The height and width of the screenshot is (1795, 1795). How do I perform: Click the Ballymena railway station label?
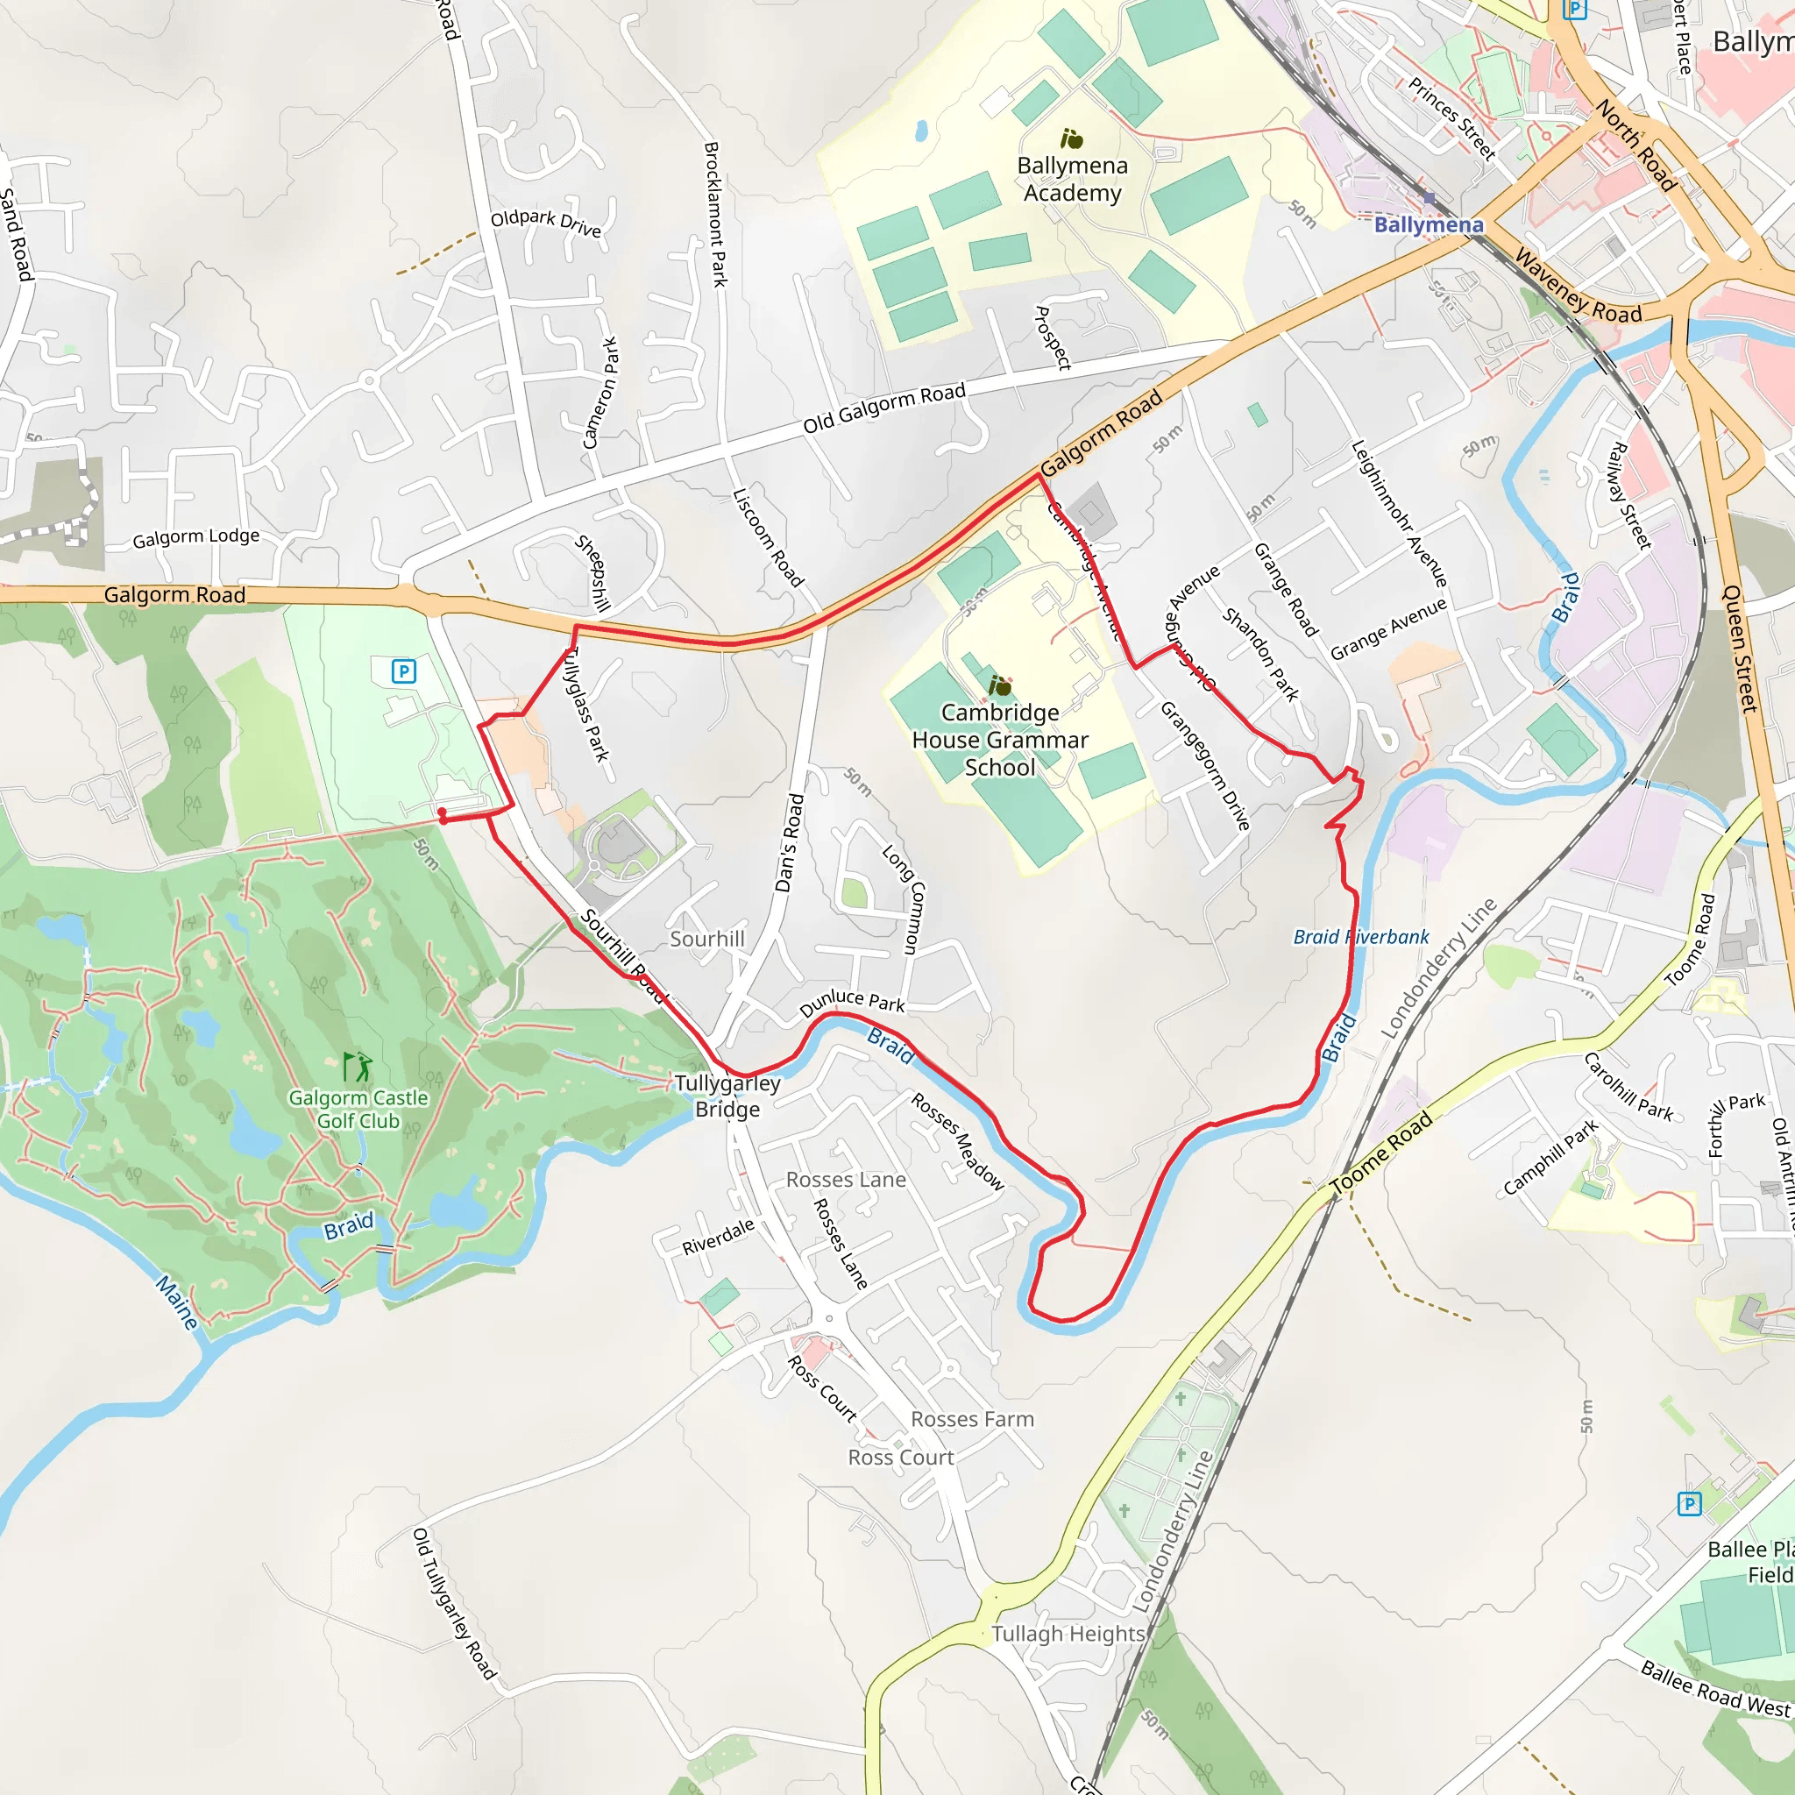pos(1428,225)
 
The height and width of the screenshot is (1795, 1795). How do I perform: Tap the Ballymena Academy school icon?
pos(1072,139)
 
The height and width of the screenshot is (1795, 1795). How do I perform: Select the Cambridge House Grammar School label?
pos(1000,740)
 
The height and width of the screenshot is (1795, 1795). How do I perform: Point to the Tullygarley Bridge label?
pos(727,1096)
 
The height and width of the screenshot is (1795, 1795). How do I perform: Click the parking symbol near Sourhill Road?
pos(403,670)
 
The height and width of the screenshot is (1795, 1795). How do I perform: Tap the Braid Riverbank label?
pos(1361,937)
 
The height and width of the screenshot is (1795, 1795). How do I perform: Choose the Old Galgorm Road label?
pos(884,408)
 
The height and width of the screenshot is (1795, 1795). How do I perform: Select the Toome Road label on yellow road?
pos(1381,1153)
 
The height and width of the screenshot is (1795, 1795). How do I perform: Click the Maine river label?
pos(176,1302)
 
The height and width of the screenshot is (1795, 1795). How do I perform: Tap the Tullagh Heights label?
pos(1068,1635)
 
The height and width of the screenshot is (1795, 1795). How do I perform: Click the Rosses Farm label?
pos(972,1419)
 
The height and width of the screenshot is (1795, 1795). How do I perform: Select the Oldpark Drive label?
pos(546,222)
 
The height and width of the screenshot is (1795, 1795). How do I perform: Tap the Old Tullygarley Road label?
pos(453,1604)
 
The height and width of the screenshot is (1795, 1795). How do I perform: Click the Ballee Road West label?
pos(1714,1689)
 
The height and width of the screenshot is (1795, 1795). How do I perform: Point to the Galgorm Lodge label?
pos(196,537)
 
